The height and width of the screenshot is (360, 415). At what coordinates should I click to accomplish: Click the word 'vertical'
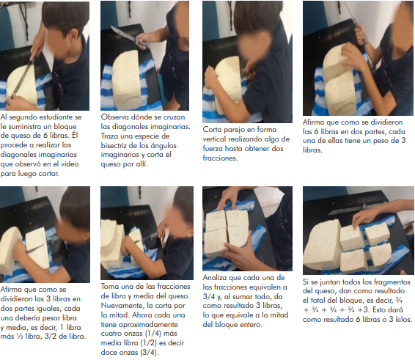coord(214,139)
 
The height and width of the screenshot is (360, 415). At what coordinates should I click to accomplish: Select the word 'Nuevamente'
coord(122,306)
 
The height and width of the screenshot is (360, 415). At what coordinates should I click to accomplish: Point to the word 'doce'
coord(109,353)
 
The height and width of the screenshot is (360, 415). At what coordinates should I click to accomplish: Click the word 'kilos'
coord(403,319)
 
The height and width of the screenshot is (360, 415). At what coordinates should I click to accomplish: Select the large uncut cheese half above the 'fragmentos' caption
coord(322,244)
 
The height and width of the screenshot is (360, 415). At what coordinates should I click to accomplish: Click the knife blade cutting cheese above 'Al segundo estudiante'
coord(23,78)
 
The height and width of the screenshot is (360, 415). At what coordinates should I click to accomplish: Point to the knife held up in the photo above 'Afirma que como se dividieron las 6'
coord(355,21)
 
